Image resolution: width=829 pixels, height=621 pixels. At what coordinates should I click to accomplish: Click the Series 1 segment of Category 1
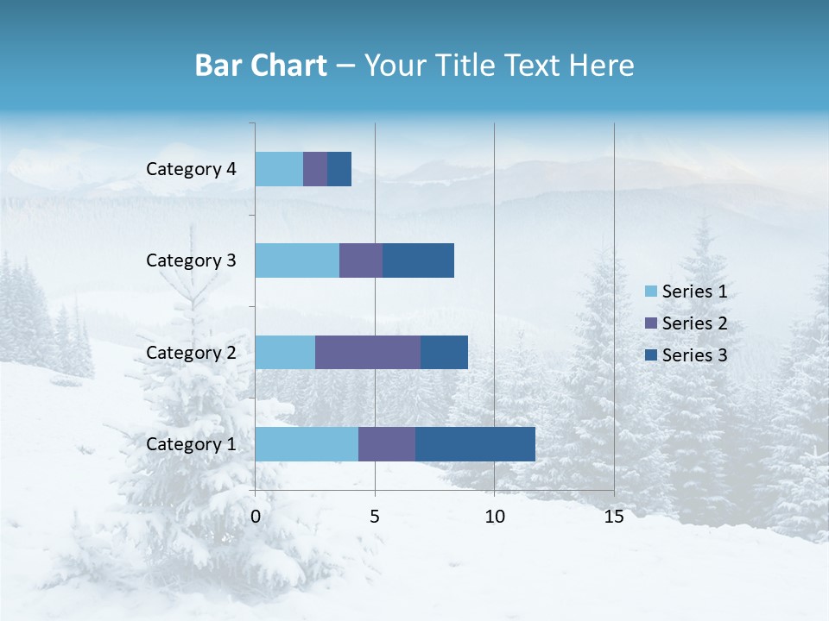tap(307, 443)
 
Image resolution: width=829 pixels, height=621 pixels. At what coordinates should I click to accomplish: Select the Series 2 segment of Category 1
tap(387, 443)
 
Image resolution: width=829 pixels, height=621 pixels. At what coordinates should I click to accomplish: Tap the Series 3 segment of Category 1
tap(475, 443)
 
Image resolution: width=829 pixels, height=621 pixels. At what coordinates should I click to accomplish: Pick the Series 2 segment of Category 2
tap(368, 352)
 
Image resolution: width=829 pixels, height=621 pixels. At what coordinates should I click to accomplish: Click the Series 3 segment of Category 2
tap(444, 352)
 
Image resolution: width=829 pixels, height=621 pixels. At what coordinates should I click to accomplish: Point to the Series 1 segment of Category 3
tap(297, 260)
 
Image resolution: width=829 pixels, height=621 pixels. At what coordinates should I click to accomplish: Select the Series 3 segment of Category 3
tap(418, 260)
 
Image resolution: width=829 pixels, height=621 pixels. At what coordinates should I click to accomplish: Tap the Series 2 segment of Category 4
tap(315, 168)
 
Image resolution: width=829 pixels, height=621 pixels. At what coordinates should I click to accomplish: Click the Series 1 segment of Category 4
tap(279, 168)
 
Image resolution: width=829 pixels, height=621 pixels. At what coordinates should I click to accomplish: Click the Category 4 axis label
tap(191, 169)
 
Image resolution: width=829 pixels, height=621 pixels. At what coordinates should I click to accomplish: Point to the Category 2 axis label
tap(191, 352)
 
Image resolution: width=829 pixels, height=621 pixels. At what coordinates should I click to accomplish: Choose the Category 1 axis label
tap(191, 444)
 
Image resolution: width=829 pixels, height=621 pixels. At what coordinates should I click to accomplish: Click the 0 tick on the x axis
tap(256, 517)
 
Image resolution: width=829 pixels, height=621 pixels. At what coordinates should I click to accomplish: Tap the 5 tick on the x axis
tap(375, 517)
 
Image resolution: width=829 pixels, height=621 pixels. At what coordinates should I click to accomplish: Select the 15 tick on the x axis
tap(613, 517)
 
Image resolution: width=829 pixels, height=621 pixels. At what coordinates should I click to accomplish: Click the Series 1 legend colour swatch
tap(650, 292)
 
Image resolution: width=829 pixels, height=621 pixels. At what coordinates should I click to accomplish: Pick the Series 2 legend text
tap(694, 323)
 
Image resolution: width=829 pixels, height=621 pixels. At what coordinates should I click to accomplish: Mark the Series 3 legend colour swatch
tap(650, 354)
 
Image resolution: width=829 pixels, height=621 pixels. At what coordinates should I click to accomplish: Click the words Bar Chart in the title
tap(261, 66)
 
